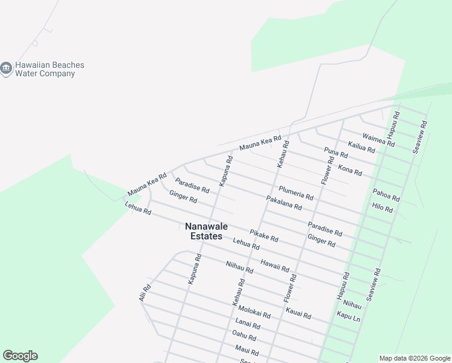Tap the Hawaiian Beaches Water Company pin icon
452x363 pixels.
click(x=7, y=69)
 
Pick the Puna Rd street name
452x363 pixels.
click(x=336, y=152)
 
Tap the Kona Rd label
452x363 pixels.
click(x=350, y=170)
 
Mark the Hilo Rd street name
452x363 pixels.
click(x=383, y=208)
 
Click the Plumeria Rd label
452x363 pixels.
click(x=296, y=193)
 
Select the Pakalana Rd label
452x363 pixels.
click(x=284, y=203)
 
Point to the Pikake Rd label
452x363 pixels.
click(x=264, y=235)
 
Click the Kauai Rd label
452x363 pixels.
click(x=298, y=313)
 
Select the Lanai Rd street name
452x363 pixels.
click(x=248, y=325)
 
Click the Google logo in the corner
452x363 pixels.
click(x=20, y=356)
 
